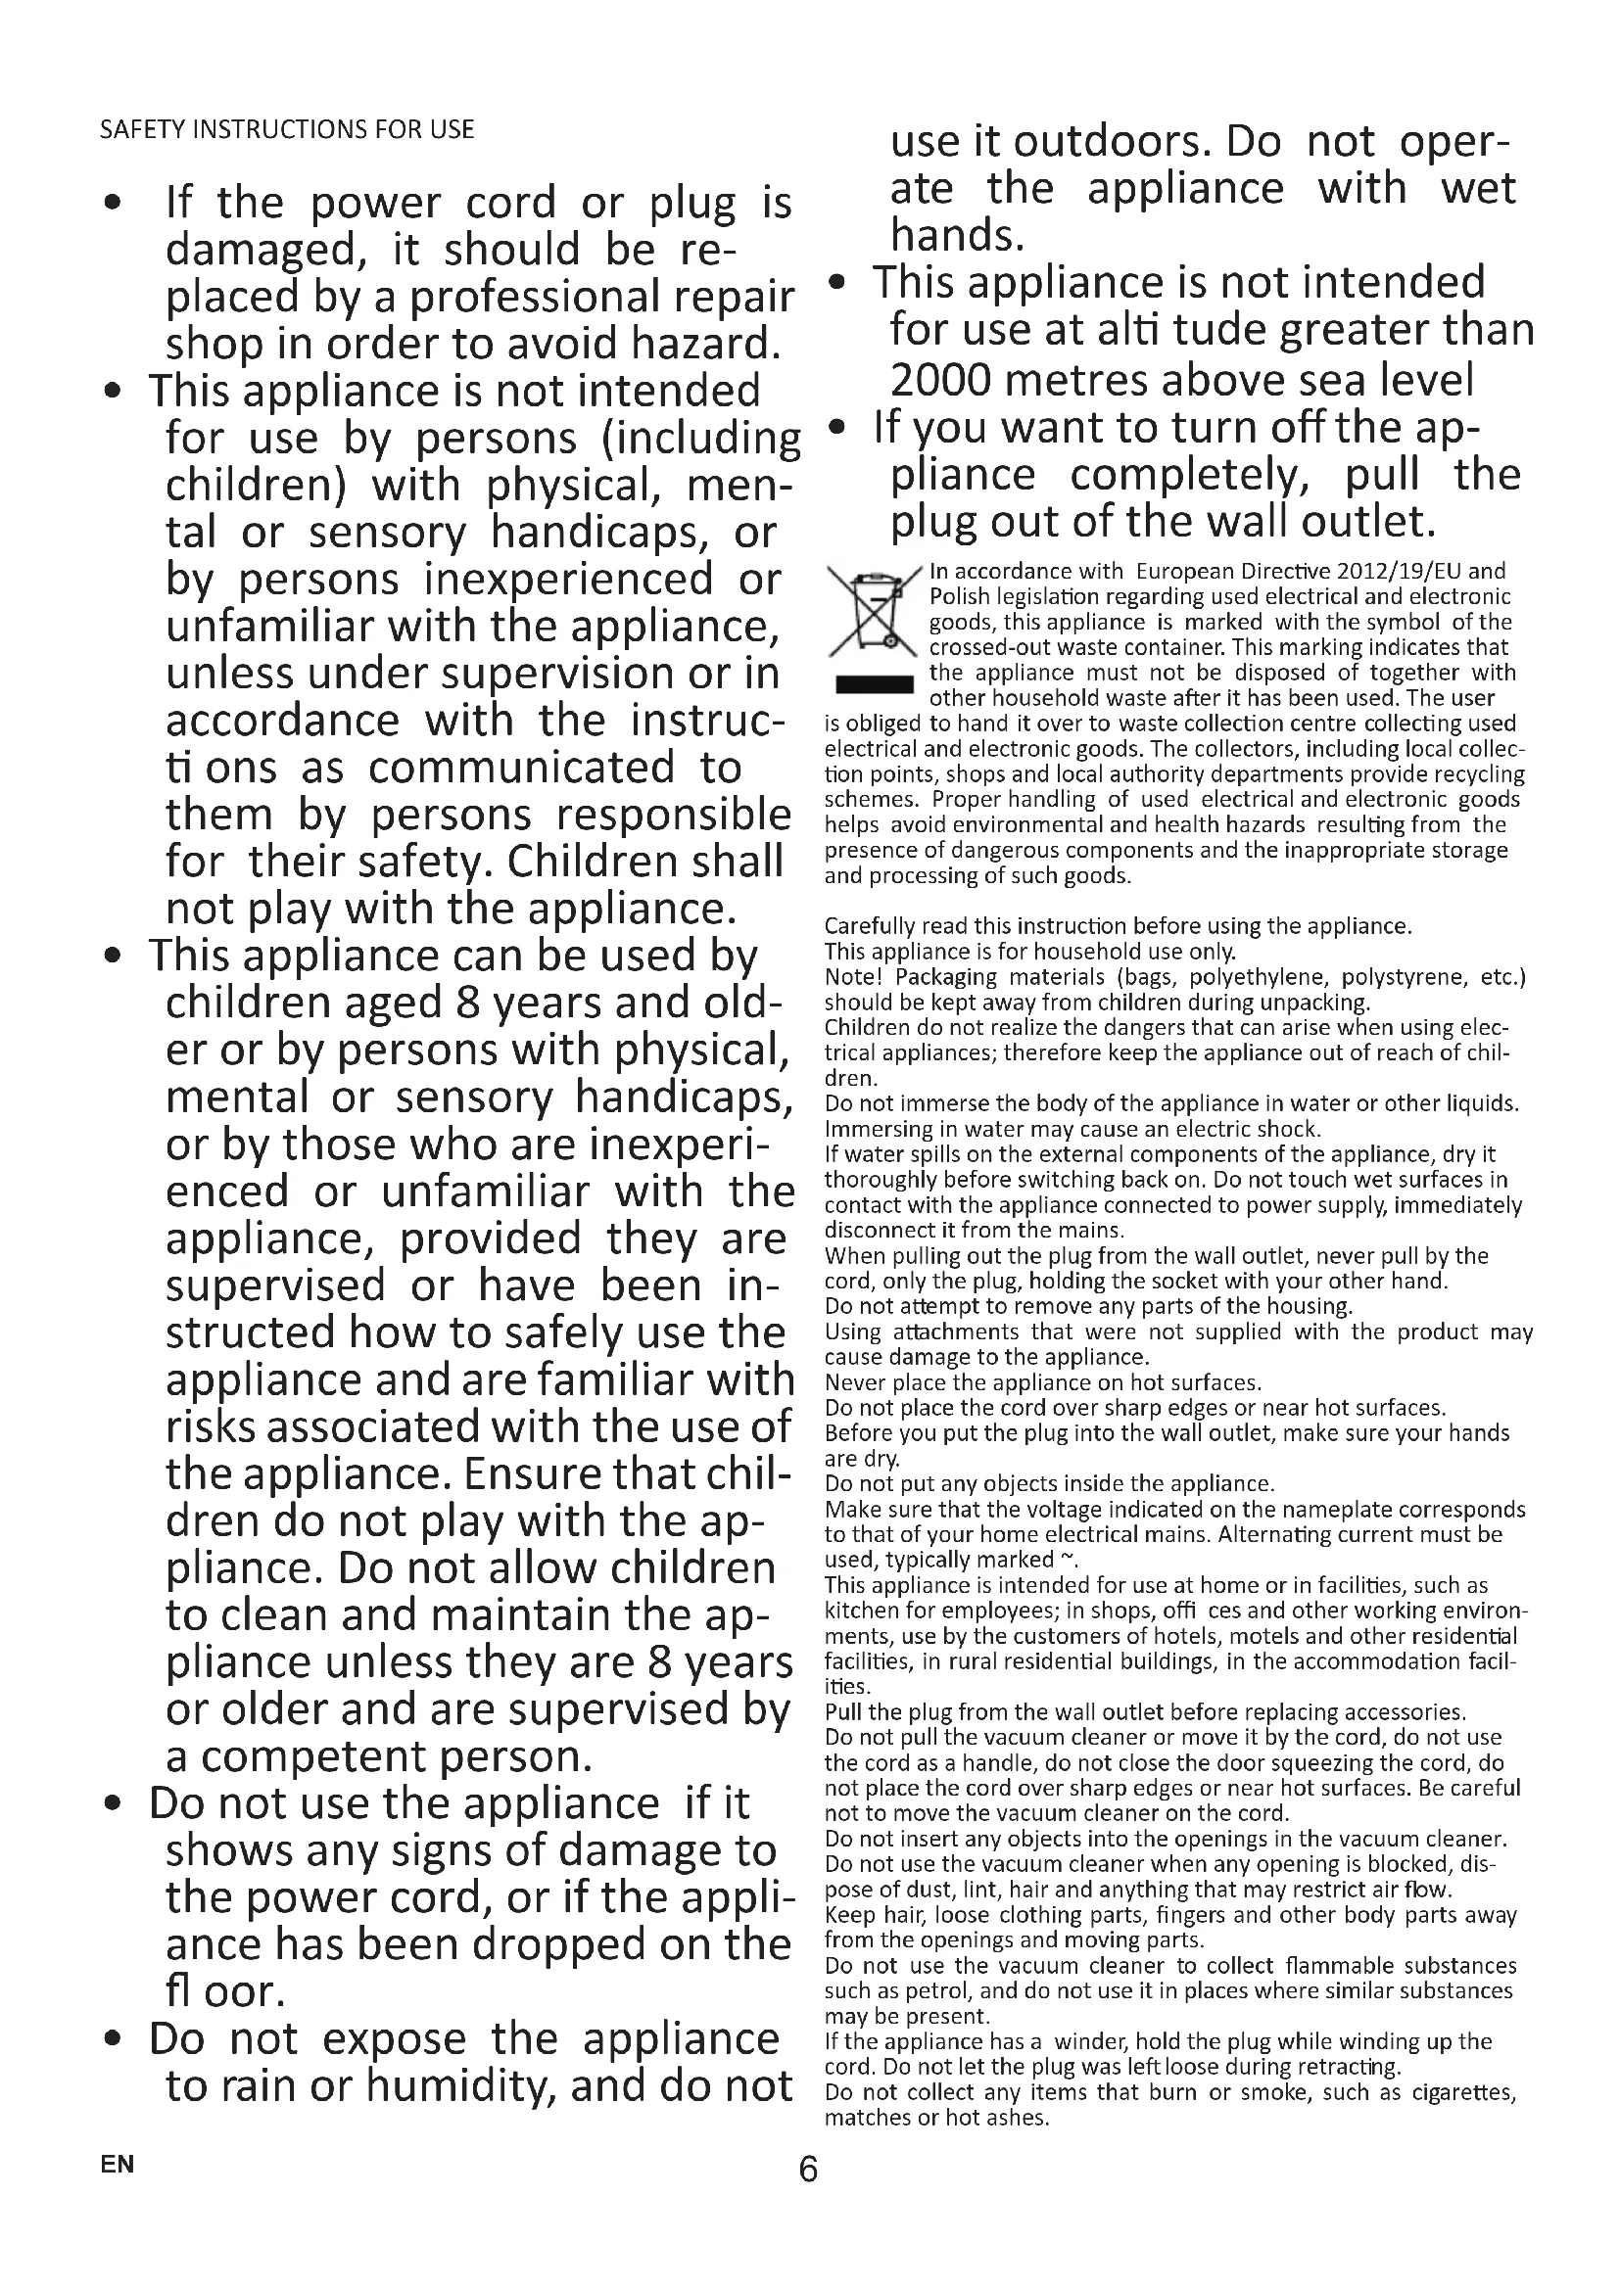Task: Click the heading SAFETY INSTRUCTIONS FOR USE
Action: pyautogui.click(x=286, y=129)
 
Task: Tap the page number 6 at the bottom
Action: pyautogui.click(x=808, y=2171)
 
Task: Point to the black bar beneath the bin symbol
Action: pyautogui.click(x=874, y=684)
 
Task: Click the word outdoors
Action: pyautogui.click(x=1113, y=142)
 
